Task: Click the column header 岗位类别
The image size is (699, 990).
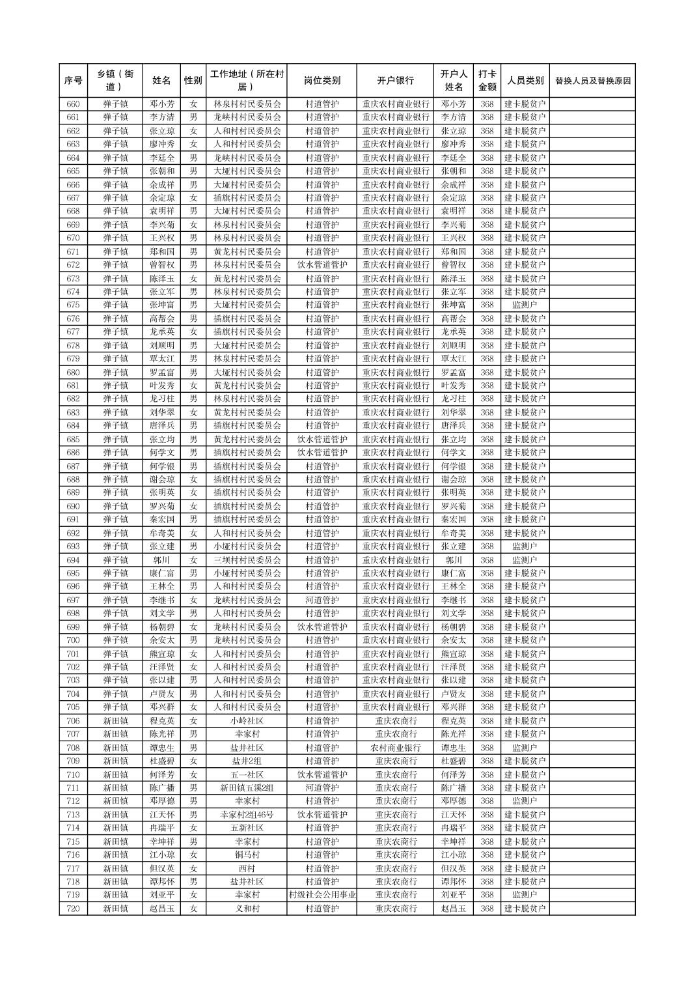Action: click(322, 81)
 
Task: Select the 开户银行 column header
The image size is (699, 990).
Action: click(395, 81)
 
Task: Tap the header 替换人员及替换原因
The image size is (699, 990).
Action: click(592, 81)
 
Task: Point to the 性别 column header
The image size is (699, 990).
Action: click(193, 81)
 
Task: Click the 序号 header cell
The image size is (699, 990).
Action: click(74, 81)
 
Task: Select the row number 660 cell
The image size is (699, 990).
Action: click(74, 104)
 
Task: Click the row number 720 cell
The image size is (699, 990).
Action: click(74, 909)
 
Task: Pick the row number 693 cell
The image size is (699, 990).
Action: click(74, 546)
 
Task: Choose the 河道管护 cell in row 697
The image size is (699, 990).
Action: click(322, 600)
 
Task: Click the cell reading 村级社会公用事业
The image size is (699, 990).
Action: click(322, 895)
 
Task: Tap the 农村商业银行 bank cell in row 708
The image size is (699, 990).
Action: click(395, 748)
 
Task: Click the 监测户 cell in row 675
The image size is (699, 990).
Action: click(525, 305)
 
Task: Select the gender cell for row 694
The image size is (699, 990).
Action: click(193, 560)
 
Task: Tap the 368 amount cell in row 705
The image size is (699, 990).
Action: click(487, 707)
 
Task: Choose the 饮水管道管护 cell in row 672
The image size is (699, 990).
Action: click(322, 265)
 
